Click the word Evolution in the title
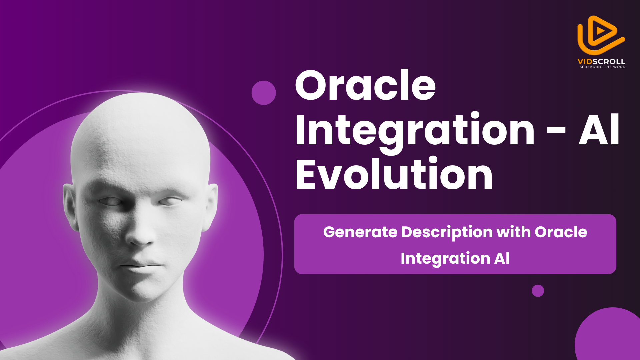394,174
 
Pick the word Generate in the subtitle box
360,232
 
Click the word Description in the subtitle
447,233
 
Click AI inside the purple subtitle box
502,258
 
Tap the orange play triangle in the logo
601,31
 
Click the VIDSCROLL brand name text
601,61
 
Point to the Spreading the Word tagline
602,67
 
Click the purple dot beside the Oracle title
264,93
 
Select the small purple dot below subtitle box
538,291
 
